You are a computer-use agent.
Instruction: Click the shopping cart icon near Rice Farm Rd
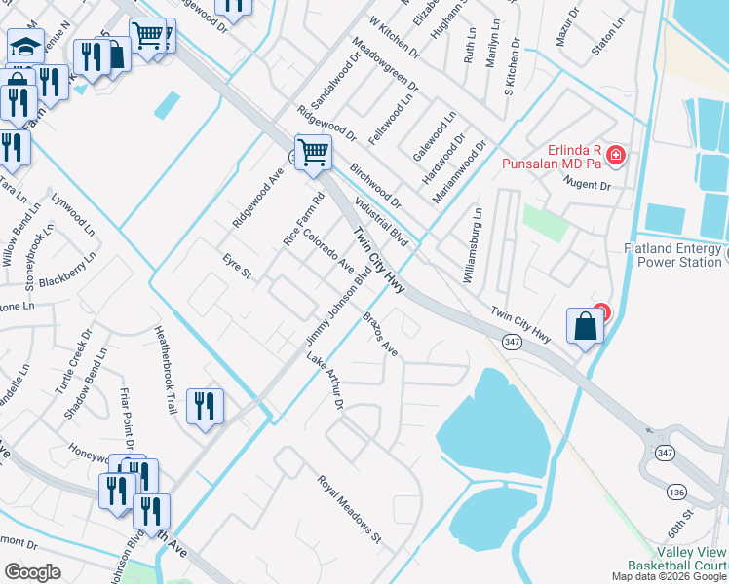(x=313, y=152)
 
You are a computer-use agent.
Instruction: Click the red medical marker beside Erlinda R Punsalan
(x=615, y=154)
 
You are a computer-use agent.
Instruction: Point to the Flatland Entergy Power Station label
(x=672, y=254)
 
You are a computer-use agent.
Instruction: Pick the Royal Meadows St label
(x=348, y=508)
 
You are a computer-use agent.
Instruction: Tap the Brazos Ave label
(x=381, y=333)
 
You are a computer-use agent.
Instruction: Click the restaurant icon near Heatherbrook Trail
(x=205, y=406)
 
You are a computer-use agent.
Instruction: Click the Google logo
(x=33, y=572)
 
